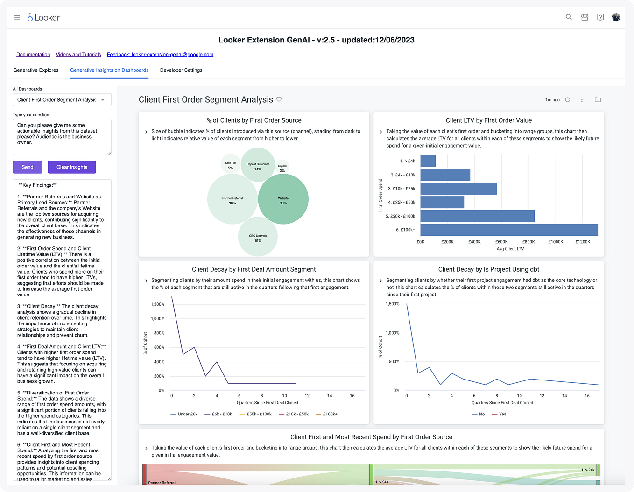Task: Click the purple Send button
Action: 27,167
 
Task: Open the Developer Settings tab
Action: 181,70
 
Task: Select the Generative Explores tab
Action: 36,70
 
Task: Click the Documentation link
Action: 33,55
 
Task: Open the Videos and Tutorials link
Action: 78,55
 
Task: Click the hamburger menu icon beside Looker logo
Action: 17,17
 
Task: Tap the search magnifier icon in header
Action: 569,17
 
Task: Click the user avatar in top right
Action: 616,17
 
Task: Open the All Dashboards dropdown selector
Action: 62,100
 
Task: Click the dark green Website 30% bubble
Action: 283,199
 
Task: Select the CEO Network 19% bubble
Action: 258,237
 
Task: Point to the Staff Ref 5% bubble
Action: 231,165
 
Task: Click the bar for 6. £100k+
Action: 509,230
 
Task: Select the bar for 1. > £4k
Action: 428,161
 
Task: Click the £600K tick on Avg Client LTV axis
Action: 501,242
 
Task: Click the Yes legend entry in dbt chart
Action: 499,414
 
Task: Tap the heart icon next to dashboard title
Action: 279,99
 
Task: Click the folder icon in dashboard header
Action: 598,100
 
